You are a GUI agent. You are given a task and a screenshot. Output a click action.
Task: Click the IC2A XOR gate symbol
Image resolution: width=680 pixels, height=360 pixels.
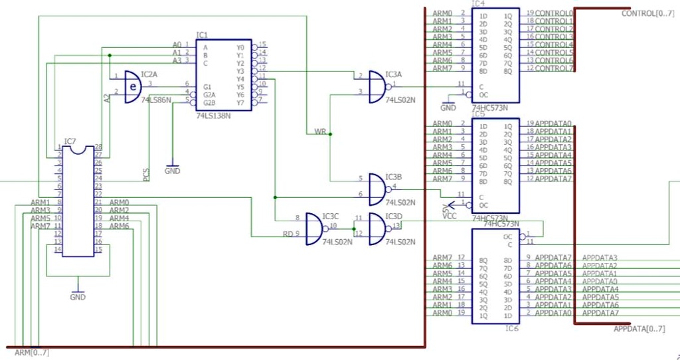133,87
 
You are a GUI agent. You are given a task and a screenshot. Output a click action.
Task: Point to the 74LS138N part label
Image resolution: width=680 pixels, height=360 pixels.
213,116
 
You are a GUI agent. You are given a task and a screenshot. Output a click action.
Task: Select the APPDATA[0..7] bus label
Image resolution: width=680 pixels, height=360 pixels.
638,329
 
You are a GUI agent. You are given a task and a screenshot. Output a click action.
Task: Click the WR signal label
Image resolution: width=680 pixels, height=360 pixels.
321,132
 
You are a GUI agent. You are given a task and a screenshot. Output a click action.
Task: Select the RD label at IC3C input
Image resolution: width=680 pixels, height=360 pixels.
288,234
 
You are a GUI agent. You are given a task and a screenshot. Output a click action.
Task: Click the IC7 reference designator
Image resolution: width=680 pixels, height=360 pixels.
70,141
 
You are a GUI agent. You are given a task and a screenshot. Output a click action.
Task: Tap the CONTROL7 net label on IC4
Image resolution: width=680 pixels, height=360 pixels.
554,68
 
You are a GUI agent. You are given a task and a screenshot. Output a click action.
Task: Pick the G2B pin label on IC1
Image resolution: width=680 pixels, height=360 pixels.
209,103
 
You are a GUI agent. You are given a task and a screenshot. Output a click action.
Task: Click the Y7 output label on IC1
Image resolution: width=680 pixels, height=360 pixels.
240,103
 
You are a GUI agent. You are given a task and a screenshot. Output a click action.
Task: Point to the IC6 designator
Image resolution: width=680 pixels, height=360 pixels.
511,328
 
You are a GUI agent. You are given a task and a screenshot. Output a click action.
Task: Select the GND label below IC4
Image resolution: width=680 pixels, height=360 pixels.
448,108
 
